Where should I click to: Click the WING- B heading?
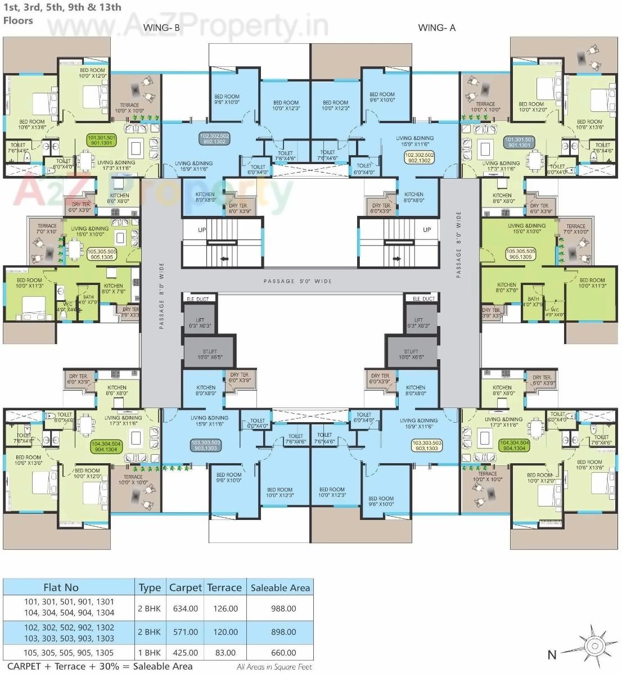click(161, 27)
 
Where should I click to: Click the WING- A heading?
click(436, 27)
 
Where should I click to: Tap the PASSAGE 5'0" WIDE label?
click(298, 281)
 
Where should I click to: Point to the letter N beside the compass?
click(552, 654)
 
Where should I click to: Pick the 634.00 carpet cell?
click(185, 608)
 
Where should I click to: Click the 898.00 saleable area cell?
click(283, 632)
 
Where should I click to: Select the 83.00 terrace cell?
click(224, 653)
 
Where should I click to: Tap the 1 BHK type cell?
click(149, 653)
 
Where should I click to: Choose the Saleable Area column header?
click(280, 587)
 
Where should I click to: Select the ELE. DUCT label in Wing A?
click(423, 299)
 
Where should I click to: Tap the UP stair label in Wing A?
click(427, 229)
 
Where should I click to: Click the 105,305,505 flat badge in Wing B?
click(102, 254)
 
